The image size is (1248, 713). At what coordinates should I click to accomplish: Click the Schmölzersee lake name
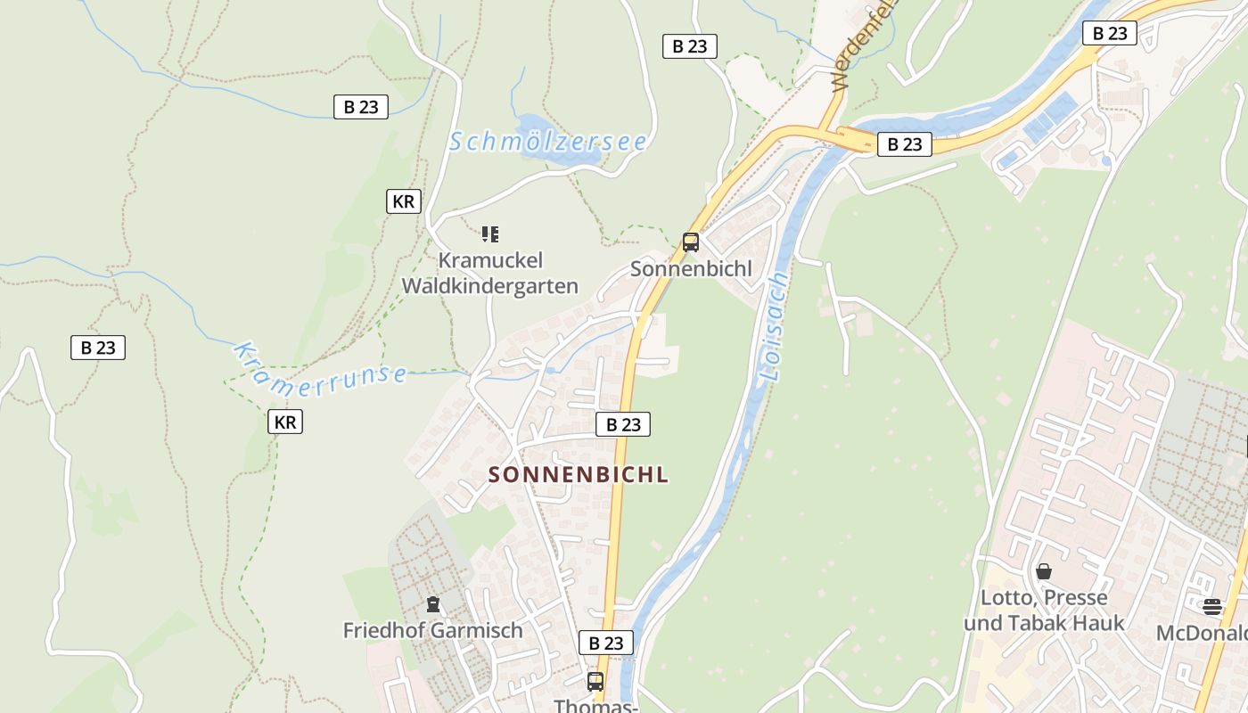click(547, 142)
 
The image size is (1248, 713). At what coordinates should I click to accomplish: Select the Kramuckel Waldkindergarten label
click(489, 274)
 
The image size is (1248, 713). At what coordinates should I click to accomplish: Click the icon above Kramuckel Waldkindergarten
click(489, 234)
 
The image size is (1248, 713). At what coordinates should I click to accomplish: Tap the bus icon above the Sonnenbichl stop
click(690, 242)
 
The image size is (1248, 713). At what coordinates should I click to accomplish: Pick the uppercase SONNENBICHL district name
click(579, 474)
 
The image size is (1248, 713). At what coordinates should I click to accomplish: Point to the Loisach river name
click(774, 327)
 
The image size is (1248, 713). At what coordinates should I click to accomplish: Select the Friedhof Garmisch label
click(433, 630)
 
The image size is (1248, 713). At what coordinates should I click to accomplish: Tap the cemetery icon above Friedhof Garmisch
click(433, 605)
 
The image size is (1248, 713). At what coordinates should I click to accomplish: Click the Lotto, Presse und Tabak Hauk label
click(1044, 611)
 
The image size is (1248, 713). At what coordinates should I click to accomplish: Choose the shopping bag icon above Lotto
click(1044, 571)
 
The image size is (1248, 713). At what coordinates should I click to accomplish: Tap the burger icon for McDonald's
click(1212, 608)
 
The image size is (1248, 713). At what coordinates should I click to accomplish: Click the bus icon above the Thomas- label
click(595, 682)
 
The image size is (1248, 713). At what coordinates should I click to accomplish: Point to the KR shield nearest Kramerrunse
click(285, 422)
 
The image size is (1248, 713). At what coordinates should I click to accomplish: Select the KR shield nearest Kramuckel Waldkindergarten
click(403, 201)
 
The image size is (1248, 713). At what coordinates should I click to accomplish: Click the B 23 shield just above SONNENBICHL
click(623, 424)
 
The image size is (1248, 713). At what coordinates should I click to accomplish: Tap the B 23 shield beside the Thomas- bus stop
click(606, 643)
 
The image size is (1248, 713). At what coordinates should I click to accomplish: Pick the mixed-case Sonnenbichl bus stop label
click(691, 268)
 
